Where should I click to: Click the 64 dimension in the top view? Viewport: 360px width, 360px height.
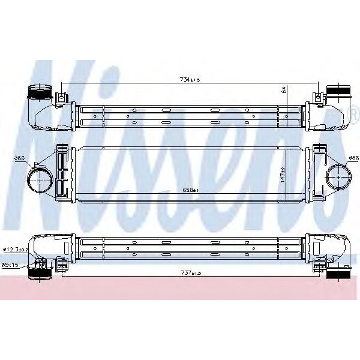[284, 91]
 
